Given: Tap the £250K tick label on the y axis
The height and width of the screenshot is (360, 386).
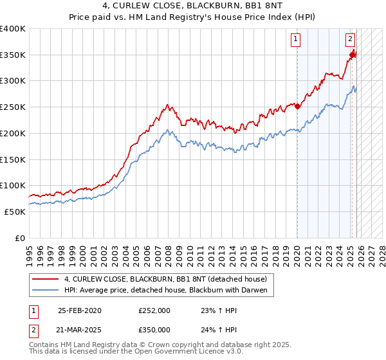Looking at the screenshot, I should [x=13, y=107].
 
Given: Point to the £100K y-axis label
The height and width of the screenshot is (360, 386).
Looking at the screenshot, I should [x=13, y=186].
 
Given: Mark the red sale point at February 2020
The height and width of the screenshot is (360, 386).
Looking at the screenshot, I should [x=297, y=107].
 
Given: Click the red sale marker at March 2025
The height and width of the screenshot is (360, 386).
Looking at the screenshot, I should [x=353, y=55].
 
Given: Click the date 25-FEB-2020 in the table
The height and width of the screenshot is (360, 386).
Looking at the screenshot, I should [x=79, y=310].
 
